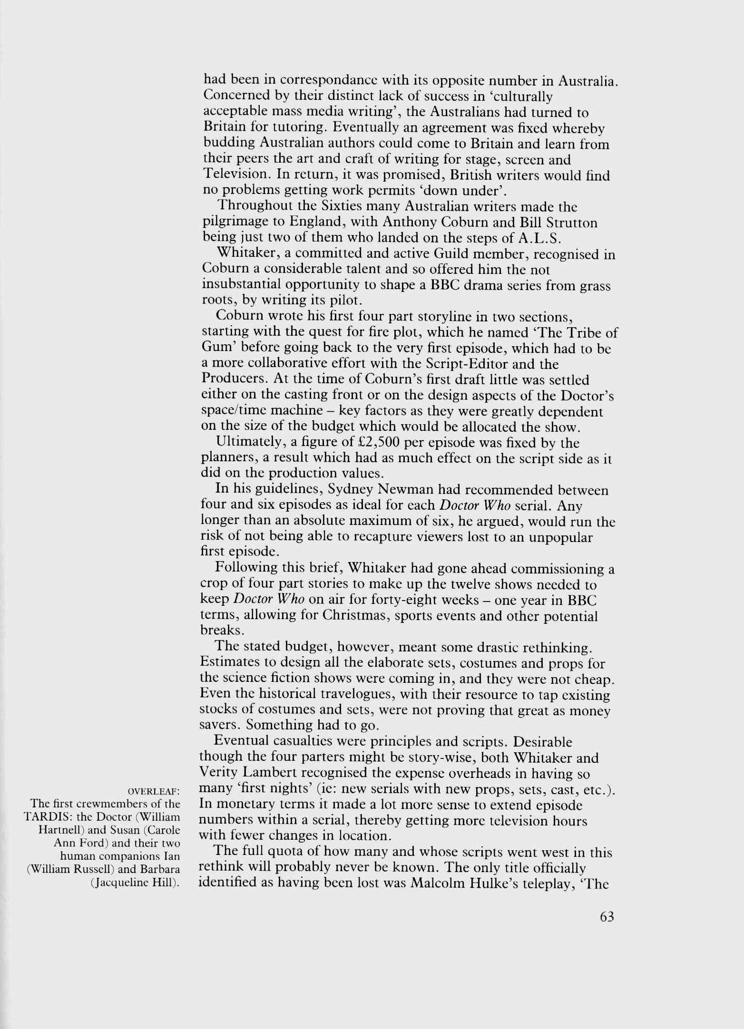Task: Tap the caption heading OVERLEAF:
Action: tap(154, 791)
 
